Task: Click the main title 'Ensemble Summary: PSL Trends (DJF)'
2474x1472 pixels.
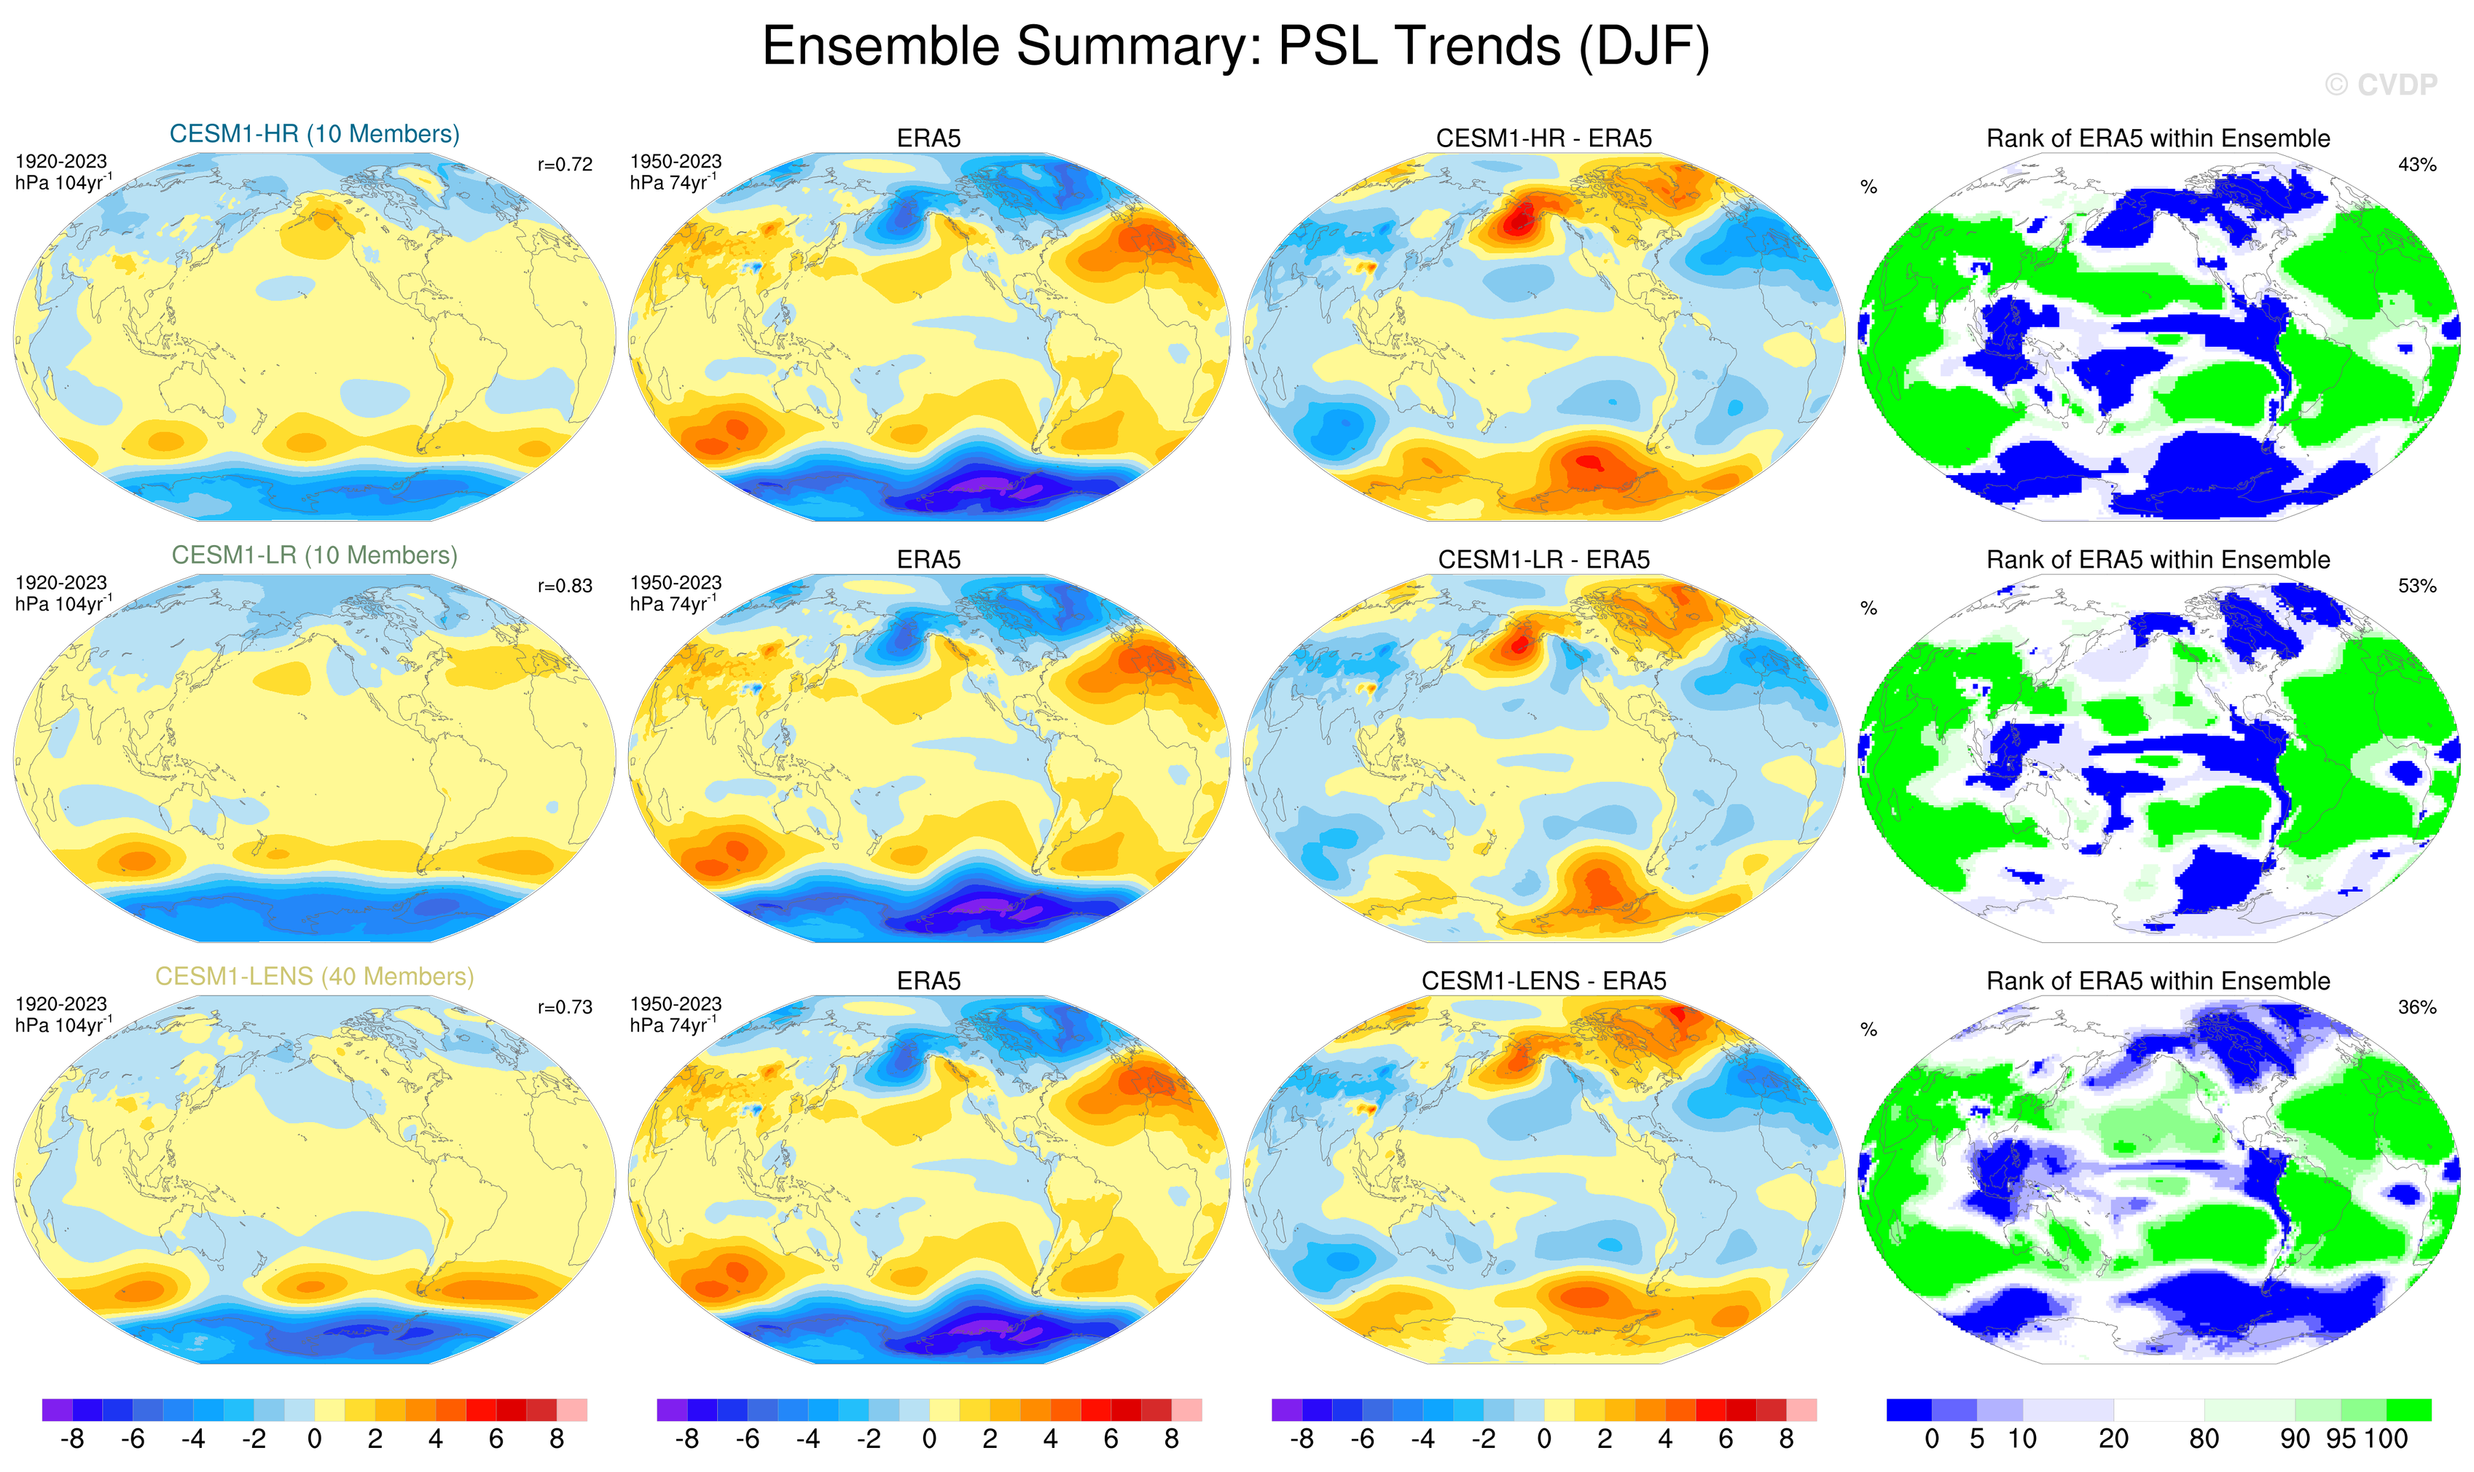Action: click(1235, 47)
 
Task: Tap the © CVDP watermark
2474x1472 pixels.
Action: click(2380, 85)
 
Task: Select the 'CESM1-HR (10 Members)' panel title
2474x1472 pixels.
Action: click(315, 134)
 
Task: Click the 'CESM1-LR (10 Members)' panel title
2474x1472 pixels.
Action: click(315, 555)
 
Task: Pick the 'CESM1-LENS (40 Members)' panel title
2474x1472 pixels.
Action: click(315, 977)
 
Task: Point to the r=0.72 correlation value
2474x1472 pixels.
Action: click(565, 165)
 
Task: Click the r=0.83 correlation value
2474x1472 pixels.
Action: click(565, 586)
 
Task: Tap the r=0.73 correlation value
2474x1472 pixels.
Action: click(565, 1008)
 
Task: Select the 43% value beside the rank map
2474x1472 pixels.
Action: click(2416, 165)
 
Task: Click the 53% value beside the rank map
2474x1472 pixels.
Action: click(2416, 586)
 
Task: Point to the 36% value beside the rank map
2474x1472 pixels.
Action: click(2416, 1008)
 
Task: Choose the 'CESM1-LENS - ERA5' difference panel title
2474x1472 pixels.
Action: click(1543, 981)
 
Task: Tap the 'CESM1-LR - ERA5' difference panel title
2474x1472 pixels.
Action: click(1543, 560)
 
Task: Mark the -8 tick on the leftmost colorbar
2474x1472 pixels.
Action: click(71, 1439)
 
